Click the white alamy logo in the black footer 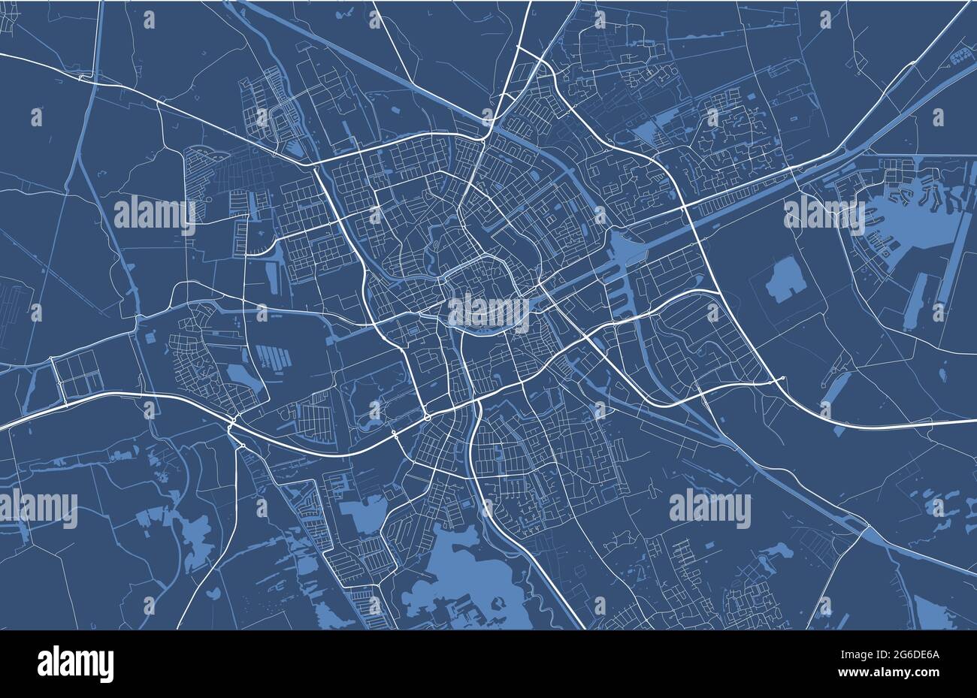click(x=75, y=664)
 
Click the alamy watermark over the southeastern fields click(x=709, y=509)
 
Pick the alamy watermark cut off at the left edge click(x=38, y=509)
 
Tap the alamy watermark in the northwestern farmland click(x=154, y=214)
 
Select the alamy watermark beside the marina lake click(x=824, y=214)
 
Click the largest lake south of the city click(x=458, y=575)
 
